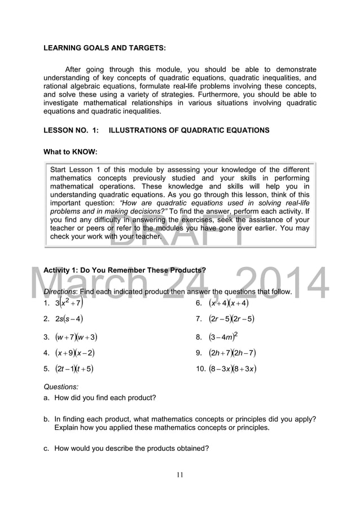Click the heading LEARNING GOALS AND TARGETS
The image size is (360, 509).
[104, 49]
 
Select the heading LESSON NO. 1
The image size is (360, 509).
[156, 130]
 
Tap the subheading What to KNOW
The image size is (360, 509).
[71, 152]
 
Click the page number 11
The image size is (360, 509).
[179, 475]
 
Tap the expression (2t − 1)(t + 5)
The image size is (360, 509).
[74, 370]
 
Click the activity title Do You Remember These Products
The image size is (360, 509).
[143, 270]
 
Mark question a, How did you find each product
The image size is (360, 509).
[100, 398]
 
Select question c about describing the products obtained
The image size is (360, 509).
[126, 449]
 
